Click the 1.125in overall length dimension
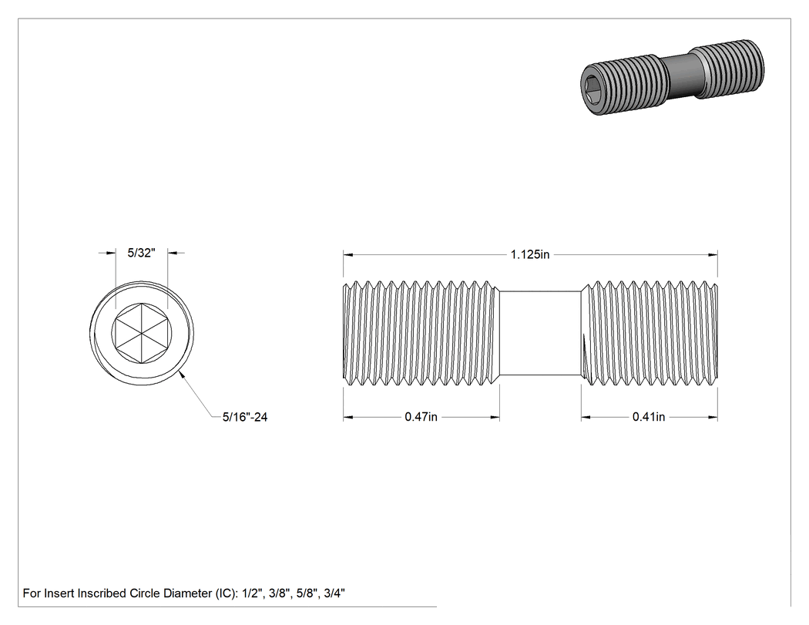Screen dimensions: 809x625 coord(530,254)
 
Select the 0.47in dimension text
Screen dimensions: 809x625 coord(421,417)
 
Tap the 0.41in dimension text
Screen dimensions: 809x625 coord(649,417)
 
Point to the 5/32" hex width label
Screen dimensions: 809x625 coord(141,253)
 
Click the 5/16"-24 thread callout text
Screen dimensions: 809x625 coord(245,417)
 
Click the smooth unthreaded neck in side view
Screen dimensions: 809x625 coord(540,334)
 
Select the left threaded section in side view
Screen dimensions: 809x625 coord(421,334)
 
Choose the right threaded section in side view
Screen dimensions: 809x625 coord(650,334)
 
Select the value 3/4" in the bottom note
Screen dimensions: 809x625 coord(334,593)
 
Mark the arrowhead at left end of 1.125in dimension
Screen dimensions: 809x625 coord(347,254)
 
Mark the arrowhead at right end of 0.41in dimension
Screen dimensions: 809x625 coord(713,417)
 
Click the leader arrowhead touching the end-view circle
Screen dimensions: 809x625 coord(182,375)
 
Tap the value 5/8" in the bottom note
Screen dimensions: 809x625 coord(307,593)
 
